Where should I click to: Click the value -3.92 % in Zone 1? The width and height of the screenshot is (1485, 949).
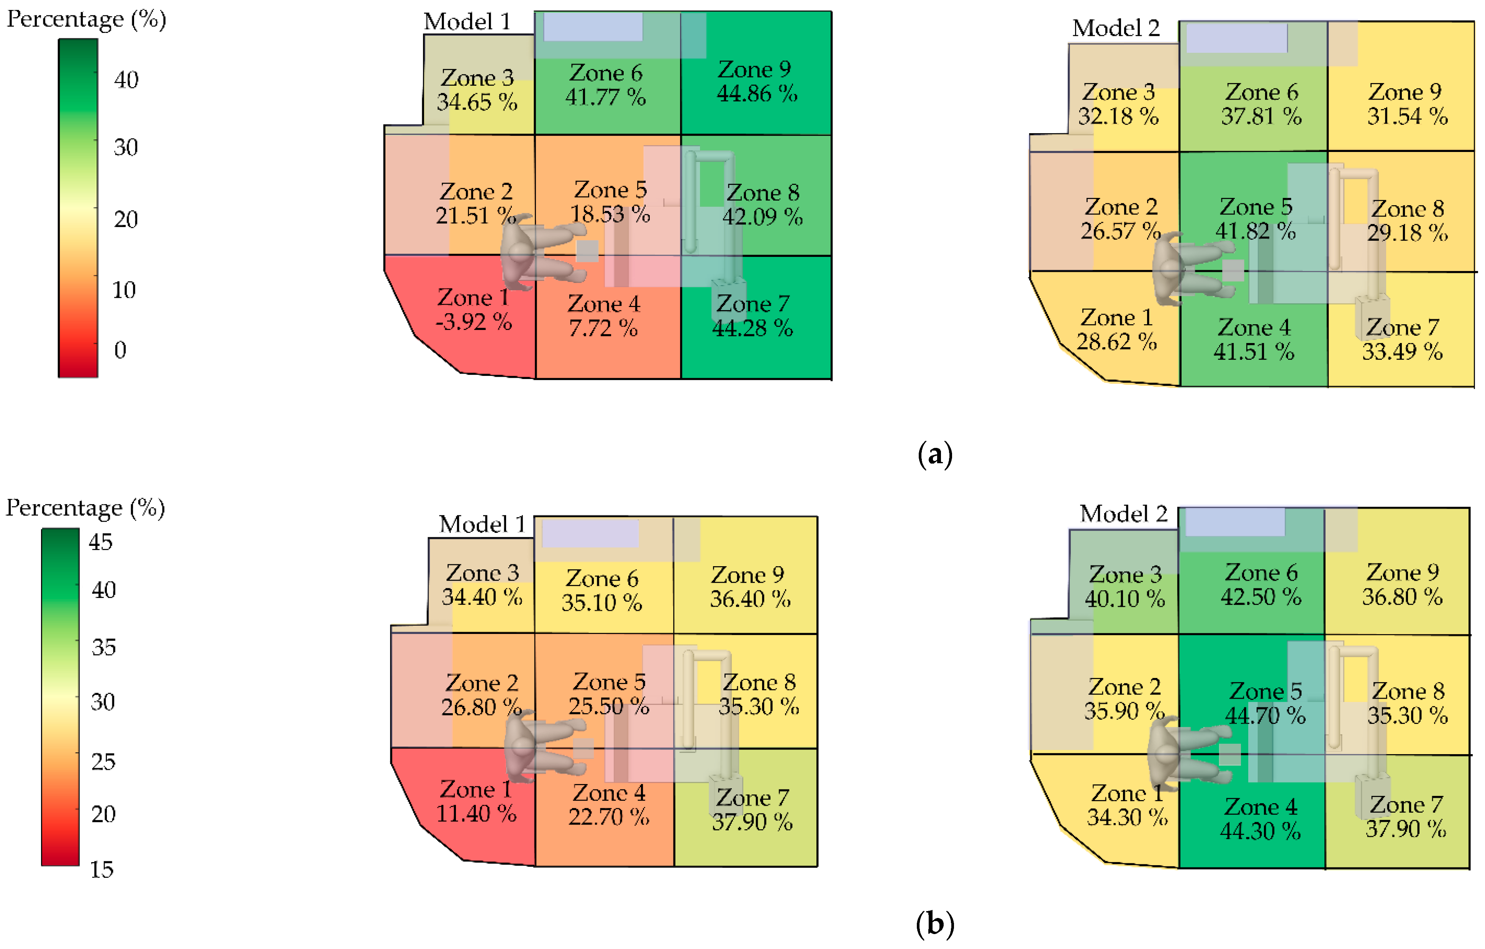(474, 322)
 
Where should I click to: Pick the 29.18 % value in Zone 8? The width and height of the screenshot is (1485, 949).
(1407, 233)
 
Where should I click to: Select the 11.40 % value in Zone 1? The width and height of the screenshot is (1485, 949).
(476, 813)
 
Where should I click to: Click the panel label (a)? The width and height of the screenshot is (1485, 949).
(935, 455)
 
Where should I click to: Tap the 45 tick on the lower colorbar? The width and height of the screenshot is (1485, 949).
(100, 542)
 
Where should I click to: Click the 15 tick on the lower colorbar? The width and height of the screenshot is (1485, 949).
(102, 869)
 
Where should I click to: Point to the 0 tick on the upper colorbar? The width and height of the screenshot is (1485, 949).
(120, 350)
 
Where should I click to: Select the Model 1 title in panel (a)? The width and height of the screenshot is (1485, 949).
(467, 22)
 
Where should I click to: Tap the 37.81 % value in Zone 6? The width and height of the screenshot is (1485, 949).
(1261, 116)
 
